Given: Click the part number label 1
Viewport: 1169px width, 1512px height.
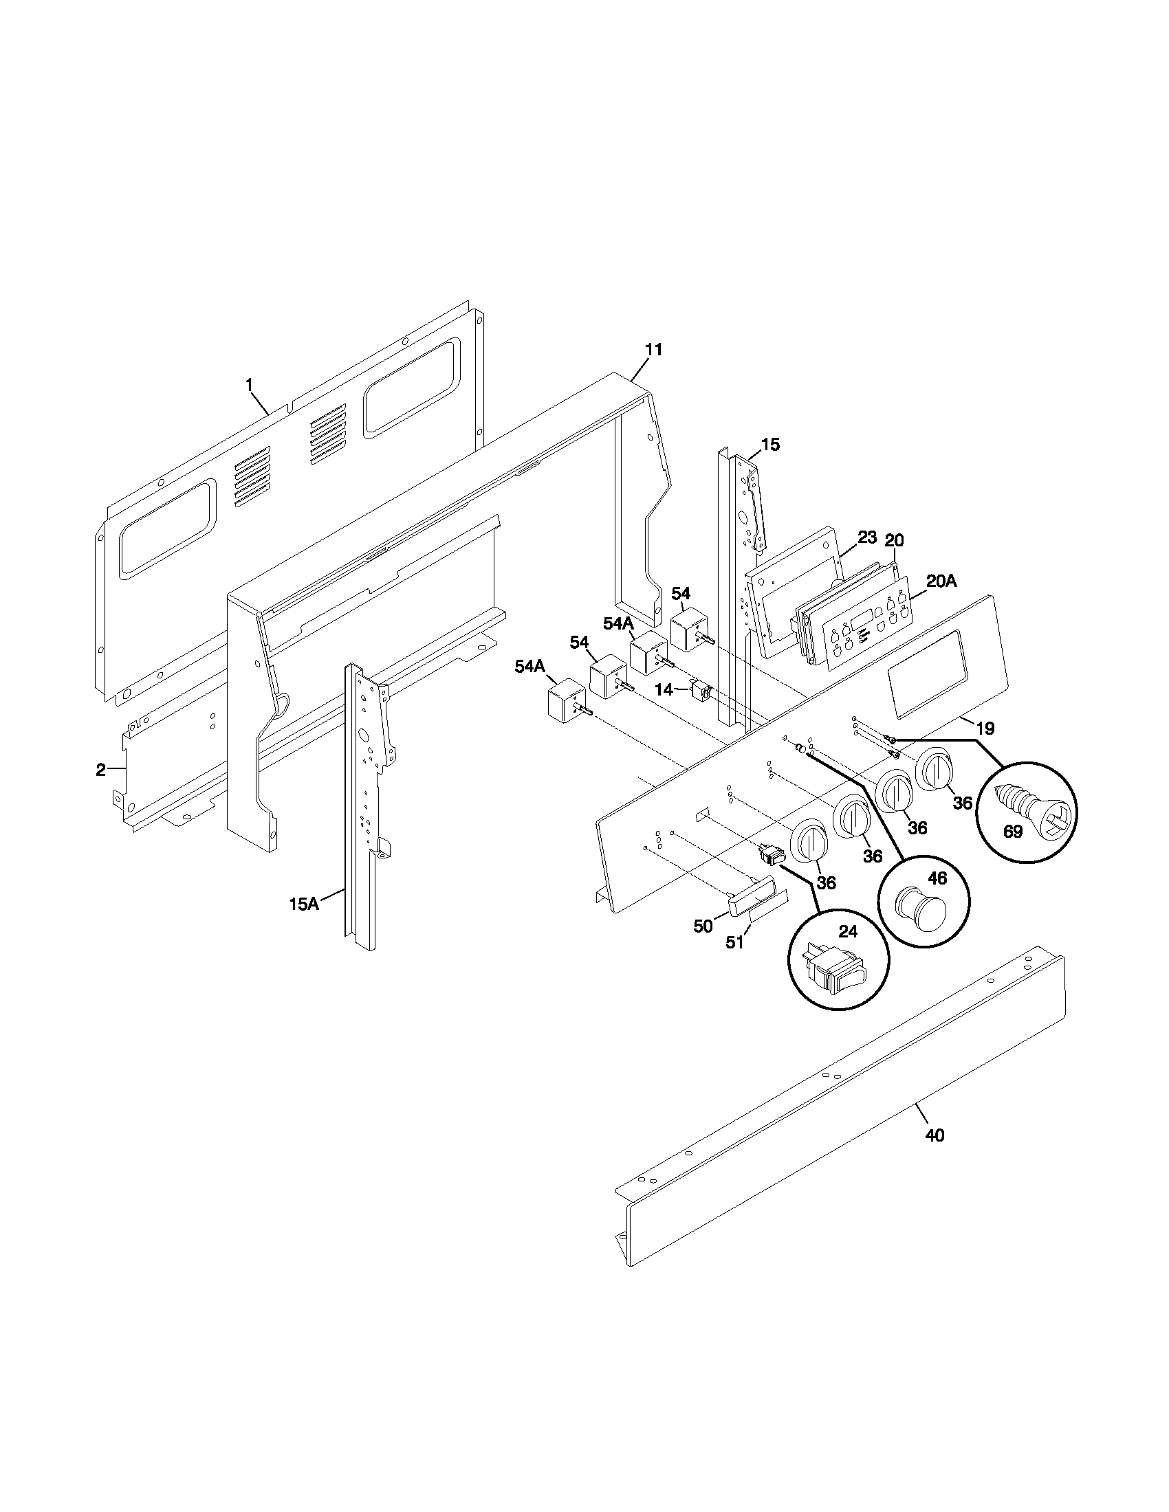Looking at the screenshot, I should pos(250,383).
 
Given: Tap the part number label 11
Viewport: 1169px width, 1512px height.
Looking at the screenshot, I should pos(653,351).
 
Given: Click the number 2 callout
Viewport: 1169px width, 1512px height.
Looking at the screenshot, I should pos(101,769).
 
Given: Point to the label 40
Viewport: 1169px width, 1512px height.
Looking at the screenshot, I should pos(935,1135).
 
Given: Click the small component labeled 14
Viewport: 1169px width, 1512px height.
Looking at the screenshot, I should pos(701,691).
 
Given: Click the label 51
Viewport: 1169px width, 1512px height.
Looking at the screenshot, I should pos(734,942).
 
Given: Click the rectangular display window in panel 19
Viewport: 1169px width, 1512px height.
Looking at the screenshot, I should pos(927,672).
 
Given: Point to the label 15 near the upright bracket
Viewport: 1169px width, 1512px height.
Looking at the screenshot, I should pos(770,445).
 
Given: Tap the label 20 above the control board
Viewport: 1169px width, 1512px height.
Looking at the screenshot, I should pos(894,540).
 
